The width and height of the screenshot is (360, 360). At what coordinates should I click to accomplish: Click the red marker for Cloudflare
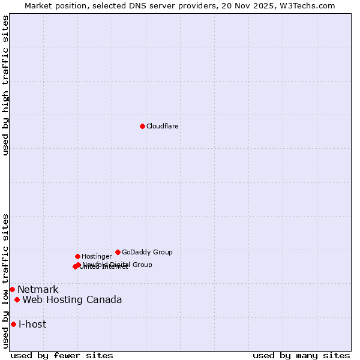(x=142, y=126)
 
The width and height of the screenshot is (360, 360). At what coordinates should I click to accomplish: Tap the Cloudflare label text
(x=163, y=127)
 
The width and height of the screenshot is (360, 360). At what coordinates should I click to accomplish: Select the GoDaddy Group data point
(x=118, y=252)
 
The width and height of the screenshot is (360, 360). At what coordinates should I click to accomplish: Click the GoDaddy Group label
(x=147, y=253)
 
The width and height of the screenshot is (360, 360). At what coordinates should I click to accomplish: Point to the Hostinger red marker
(x=77, y=256)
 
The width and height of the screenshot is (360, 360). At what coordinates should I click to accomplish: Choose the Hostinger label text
(x=97, y=257)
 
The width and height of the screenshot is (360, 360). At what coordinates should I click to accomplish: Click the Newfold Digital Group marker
(x=79, y=265)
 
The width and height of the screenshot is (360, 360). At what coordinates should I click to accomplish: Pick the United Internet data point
(x=75, y=266)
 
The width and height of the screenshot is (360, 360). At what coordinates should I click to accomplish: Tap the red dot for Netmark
(x=12, y=289)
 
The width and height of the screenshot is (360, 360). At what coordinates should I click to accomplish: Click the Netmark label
(x=38, y=290)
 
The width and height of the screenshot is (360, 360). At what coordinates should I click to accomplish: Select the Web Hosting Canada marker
(x=17, y=299)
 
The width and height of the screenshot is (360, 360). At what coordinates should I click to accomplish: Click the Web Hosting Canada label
(x=72, y=300)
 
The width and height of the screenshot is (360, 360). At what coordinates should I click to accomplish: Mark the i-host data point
(x=13, y=324)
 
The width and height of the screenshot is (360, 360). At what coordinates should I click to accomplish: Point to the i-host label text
(x=32, y=325)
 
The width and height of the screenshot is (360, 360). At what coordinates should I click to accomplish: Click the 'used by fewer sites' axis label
(x=62, y=356)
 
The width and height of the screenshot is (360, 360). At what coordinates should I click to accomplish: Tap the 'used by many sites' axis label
(x=301, y=356)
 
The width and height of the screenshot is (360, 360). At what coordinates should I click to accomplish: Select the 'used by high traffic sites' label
(x=6, y=85)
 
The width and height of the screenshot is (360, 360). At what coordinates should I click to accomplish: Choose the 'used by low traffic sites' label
(x=6, y=280)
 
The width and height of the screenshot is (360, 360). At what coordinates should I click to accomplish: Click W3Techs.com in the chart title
(x=309, y=5)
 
